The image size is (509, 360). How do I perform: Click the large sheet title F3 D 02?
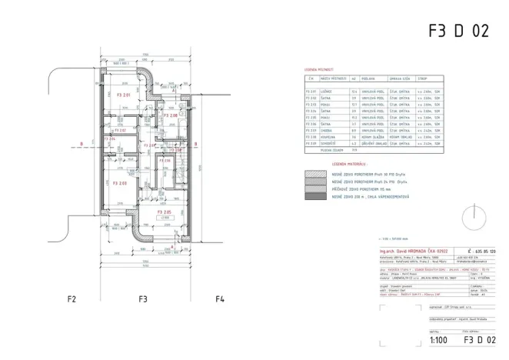click(x=458, y=31)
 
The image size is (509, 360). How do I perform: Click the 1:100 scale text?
click(x=438, y=338)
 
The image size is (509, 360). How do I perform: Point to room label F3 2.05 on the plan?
click(x=164, y=212)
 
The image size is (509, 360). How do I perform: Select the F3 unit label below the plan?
click(x=142, y=298)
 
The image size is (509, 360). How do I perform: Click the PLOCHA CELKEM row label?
click(x=318, y=149)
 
